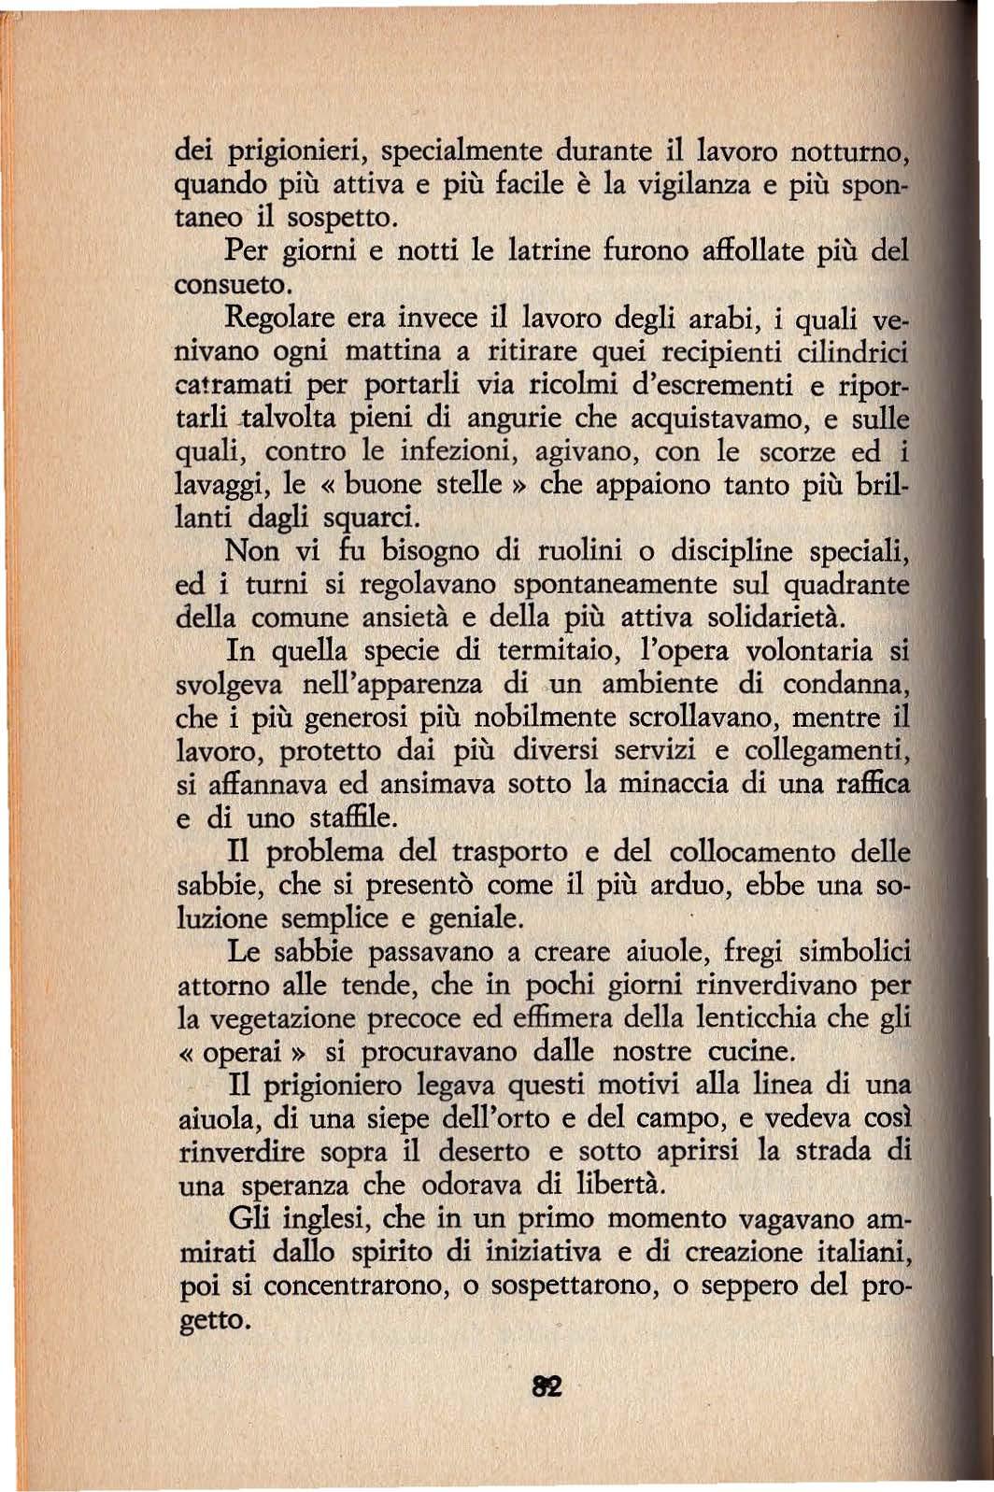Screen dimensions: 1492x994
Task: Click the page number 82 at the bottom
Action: tap(547, 1386)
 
